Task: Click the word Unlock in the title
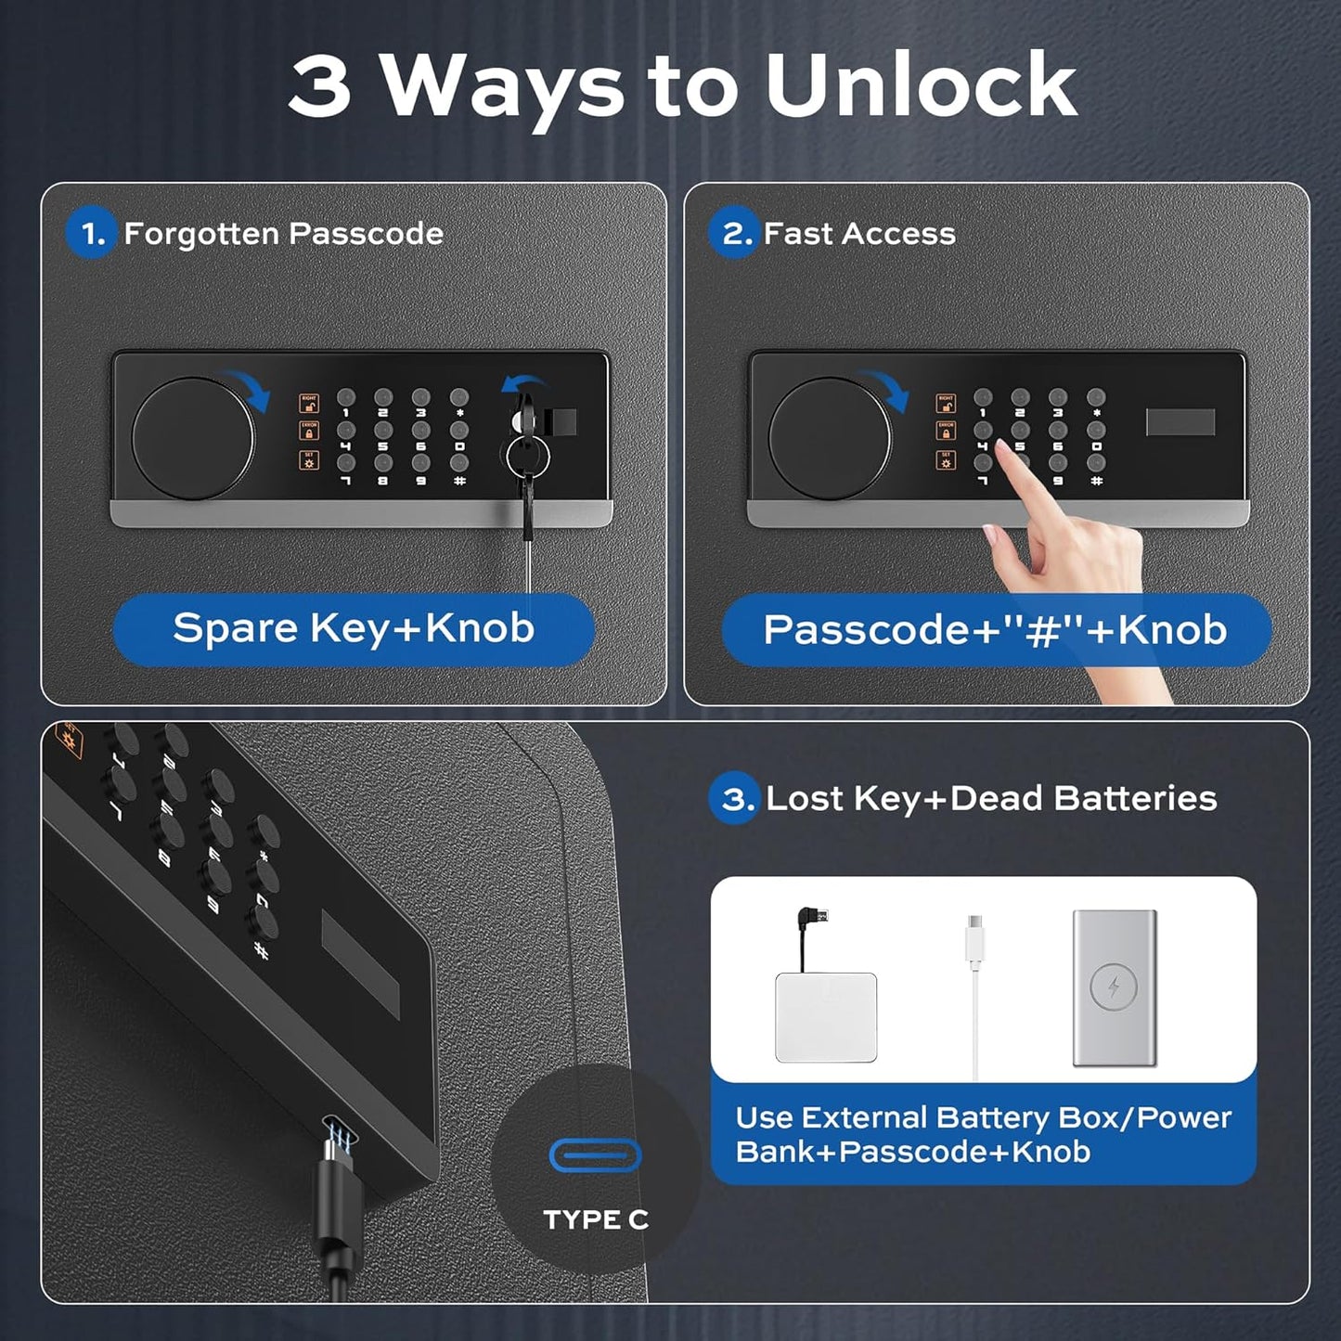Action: click(x=921, y=85)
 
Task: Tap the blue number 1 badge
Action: click(x=91, y=233)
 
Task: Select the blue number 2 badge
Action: click(x=735, y=233)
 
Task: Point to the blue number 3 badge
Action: click(x=735, y=798)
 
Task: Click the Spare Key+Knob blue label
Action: click(x=354, y=629)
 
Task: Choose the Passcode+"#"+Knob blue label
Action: click(x=996, y=630)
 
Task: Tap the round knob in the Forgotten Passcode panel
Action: click(x=193, y=438)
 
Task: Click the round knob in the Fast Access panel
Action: click(x=829, y=438)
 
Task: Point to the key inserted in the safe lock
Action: click(x=526, y=455)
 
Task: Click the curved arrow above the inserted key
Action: click(x=525, y=382)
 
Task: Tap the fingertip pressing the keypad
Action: click(x=1004, y=451)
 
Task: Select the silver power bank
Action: click(x=1114, y=987)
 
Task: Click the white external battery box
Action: click(x=825, y=1017)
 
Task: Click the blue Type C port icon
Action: click(x=595, y=1155)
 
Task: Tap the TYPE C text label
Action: click(x=596, y=1219)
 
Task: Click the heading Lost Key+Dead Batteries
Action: click(x=991, y=798)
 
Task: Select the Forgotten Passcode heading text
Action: click(x=283, y=233)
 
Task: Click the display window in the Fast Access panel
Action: click(x=1180, y=422)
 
